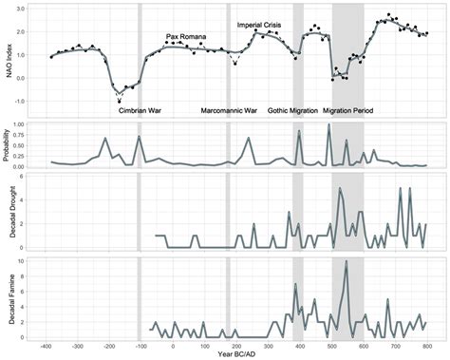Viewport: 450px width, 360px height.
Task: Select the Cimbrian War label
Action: coord(139,110)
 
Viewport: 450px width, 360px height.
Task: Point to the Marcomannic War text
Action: coord(230,110)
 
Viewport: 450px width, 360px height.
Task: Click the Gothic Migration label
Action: coord(292,110)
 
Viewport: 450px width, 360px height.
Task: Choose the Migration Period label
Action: coord(347,110)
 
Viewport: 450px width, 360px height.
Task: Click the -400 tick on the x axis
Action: coord(46,346)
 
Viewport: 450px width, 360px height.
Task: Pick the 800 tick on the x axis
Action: coord(427,346)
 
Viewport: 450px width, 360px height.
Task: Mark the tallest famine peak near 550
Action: coord(347,262)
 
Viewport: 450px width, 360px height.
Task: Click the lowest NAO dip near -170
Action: coord(119,98)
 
